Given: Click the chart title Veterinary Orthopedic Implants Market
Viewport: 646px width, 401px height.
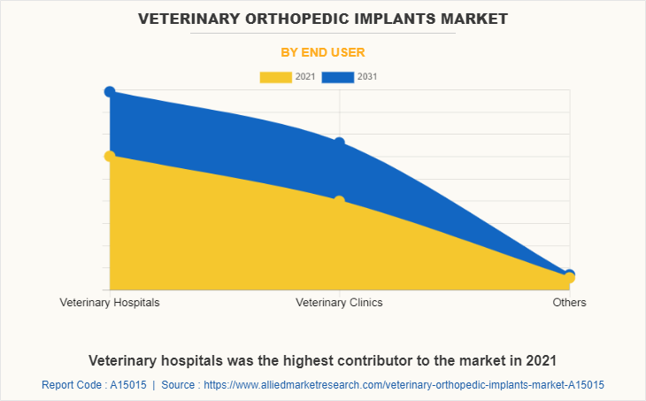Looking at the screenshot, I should point(322,18).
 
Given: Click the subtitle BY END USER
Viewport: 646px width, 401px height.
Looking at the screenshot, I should point(323,52).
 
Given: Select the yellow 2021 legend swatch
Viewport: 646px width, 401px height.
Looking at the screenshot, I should point(275,77).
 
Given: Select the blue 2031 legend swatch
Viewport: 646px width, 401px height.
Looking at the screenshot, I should point(338,77).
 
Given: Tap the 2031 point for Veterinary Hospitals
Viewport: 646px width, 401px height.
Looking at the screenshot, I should point(110,91).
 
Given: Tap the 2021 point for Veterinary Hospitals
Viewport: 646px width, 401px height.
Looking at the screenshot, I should point(110,156).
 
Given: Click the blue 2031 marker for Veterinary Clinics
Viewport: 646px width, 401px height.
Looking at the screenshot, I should point(340,143).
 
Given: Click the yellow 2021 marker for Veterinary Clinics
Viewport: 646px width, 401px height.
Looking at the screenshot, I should point(340,201).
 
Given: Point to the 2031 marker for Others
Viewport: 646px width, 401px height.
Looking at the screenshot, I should point(569,274).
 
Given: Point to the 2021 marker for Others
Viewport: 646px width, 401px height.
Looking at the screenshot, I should point(569,279).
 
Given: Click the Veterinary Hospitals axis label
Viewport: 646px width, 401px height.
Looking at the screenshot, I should point(110,303).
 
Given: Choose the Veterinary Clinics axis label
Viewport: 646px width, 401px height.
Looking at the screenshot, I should point(340,303).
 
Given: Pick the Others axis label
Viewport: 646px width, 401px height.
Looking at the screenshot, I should point(569,303).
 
